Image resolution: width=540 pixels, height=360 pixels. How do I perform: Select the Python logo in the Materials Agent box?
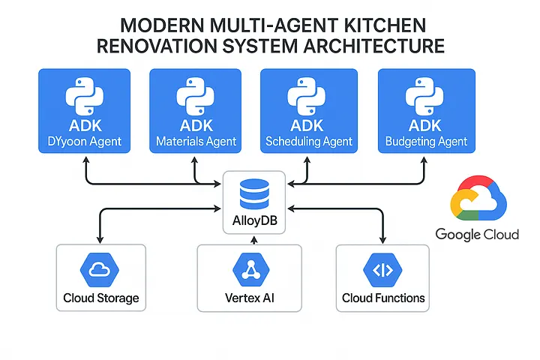pyautogui.click(x=196, y=97)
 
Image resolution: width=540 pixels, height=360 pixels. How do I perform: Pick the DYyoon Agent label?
pyautogui.click(x=85, y=141)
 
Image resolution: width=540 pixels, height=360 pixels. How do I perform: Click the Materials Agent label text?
pyautogui.click(x=196, y=141)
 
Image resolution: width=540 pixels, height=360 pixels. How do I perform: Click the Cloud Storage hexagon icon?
pyautogui.click(x=100, y=268)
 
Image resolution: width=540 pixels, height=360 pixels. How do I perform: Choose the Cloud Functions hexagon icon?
pyautogui.click(x=383, y=268)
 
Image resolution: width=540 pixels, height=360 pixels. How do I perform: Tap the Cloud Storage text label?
pyautogui.click(x=100, y=298)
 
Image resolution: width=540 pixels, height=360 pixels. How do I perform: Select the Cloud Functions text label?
pyautogui.click(x=383, y=298)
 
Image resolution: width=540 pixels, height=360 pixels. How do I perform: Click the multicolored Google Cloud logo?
pyautogui.click(x=478, y=201)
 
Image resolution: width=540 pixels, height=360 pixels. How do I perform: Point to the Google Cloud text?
pyautogui.click(x=477, y=235)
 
